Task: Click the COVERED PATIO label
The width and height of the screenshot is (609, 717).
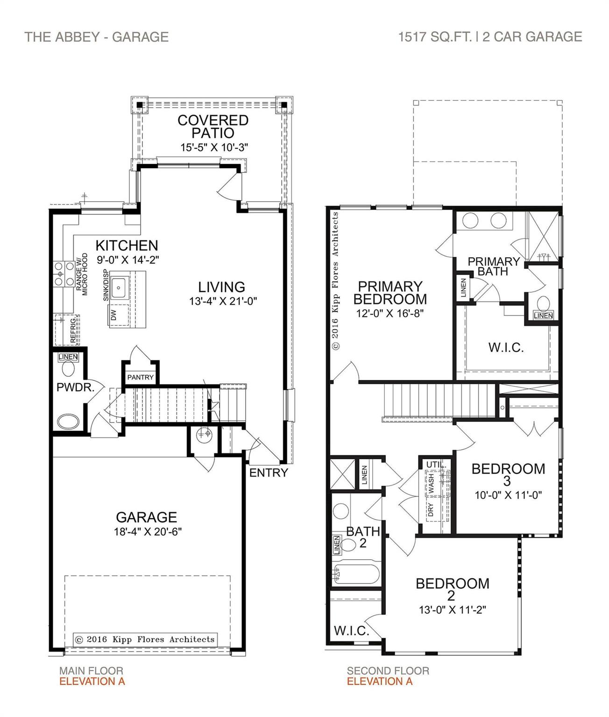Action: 212,126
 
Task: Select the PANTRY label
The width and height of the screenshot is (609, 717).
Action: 140,377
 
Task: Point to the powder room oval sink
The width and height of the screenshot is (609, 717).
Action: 68,421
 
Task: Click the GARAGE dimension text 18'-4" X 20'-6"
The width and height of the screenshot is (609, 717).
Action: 147,531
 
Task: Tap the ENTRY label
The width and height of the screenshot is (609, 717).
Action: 268,473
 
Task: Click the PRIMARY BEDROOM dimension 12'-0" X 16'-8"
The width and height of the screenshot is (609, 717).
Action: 389,313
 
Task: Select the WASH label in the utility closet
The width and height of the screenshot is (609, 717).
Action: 431,484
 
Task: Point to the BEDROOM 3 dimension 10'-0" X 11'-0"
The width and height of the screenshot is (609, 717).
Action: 508,495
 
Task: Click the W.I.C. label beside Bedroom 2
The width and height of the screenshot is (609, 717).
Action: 351,631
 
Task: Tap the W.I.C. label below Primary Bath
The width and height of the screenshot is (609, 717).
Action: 506,347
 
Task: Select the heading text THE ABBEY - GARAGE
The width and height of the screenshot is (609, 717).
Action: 96,37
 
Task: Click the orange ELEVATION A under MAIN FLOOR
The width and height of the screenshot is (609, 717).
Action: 92,681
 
